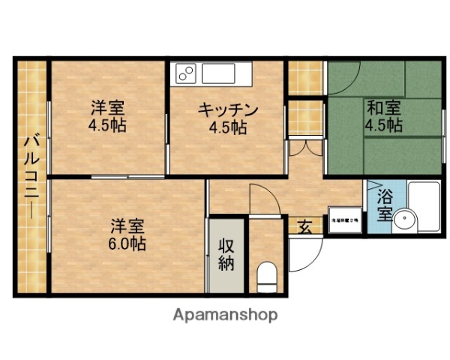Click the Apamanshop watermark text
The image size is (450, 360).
click(226, 315)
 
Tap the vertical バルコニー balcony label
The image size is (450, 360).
click(31, 176)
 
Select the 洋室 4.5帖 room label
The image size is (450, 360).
click(106, 116)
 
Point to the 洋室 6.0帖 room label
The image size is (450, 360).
click(126, 234)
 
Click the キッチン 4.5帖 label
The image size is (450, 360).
click(227, 118)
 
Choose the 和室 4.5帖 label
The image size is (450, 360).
click(382, 115)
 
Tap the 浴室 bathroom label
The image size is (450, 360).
click(384, 205)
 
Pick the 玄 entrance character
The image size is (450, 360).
click(305, 225)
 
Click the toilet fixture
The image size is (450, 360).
click(266, 277)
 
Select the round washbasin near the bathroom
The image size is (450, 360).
click(406, 220)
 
